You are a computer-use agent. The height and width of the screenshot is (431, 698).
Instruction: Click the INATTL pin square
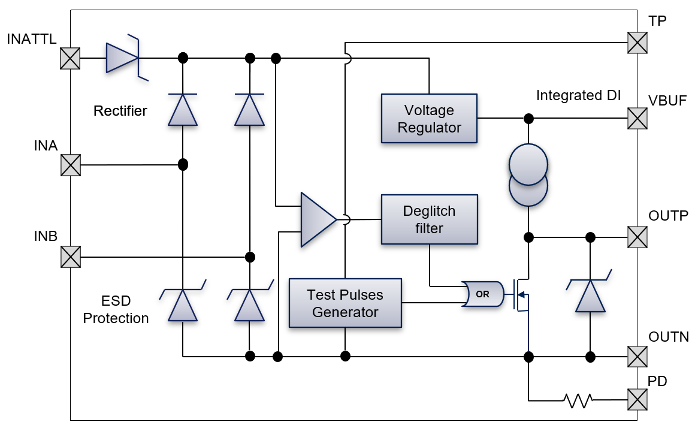click(x=71, y=59)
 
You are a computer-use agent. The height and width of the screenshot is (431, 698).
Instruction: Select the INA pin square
click(x=71, y=165)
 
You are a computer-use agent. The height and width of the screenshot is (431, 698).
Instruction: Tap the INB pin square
click(x=71, y=257)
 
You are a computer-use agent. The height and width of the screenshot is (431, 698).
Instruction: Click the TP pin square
click(x=637, y=43)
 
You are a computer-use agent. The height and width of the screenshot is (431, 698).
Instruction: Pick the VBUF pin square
click(x=637, y=118)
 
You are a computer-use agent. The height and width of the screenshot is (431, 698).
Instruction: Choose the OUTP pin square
click(x=637, y=237)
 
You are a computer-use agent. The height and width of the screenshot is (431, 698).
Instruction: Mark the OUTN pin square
click(x=637, y=357)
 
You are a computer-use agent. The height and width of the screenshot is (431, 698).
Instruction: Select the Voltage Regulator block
click(x=429, y=119)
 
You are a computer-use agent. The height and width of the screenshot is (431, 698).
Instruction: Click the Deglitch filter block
click(x=429, y=219)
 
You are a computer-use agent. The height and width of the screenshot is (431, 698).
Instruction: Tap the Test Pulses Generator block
click(x=345, y=303)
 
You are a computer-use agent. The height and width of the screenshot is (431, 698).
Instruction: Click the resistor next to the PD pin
click(x=578, y=400)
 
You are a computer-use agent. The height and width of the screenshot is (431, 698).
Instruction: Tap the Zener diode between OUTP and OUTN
click(x=590, y=295)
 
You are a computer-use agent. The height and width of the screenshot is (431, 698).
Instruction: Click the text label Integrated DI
click(x=578, y=95)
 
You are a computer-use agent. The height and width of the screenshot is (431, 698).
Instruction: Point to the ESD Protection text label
click(x=116, y=309)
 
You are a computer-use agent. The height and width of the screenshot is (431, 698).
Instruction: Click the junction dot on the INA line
click(x=183, y=164)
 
